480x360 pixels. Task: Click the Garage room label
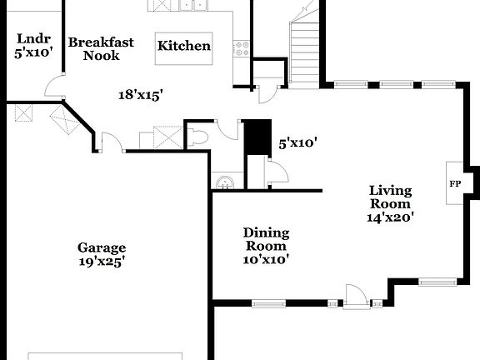point(102,247)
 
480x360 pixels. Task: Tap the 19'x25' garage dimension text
point(102,261)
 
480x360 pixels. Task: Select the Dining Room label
point(266,239)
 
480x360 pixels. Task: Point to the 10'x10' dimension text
point(266,259)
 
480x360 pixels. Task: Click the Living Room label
point(390,197)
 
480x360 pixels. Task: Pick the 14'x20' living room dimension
point(390,217)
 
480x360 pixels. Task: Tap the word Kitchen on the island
point(184,46)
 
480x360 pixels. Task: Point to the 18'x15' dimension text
point(139,95)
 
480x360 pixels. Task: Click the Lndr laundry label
point(33,38)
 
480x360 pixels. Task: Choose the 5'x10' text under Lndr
point(33,52)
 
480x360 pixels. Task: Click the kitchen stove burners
point(242,48)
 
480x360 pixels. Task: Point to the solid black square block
point(257,137)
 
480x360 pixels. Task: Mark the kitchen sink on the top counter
point(192,6)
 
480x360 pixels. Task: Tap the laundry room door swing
point(54,84)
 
